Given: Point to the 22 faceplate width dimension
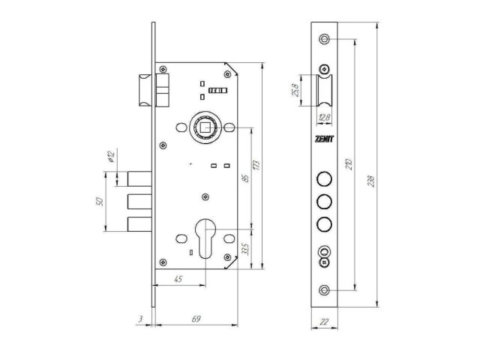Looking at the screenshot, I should pos(324,320).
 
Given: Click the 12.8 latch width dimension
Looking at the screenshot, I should pos(324,116).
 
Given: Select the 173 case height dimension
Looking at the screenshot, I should pos(257,164).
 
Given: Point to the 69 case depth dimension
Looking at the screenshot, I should pos(196,319).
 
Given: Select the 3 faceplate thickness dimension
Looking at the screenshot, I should pos(140,319).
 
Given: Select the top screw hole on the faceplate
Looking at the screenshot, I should pos(324,38).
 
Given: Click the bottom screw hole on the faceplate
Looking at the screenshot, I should pos(324,290).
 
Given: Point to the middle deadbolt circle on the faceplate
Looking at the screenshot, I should pos(324,201).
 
